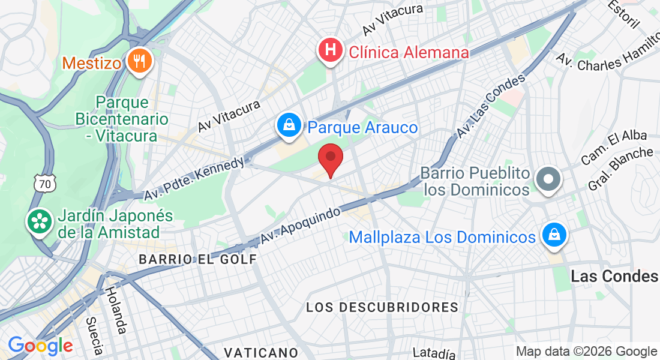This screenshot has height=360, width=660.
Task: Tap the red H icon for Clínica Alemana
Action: click(330, 50)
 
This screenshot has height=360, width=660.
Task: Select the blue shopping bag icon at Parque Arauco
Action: click(289, 125)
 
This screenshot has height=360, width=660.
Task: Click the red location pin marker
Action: click(330, 160)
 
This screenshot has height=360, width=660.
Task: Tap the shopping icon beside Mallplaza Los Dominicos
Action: click(552, 235)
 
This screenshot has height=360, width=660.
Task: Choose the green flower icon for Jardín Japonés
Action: click(40, 221)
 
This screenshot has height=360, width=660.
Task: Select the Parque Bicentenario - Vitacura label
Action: click(121, 119)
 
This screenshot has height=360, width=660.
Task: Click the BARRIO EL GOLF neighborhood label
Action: click(197, 259)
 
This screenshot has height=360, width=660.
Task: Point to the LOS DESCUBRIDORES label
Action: click(382, 307)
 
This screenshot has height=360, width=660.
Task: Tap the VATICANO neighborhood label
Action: click(261, 352)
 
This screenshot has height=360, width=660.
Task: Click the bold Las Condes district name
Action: click(614, 276)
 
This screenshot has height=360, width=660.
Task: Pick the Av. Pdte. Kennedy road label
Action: click(194, 178)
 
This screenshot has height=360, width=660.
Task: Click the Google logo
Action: click(40, 346)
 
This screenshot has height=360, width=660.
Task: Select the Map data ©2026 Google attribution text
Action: click(586, 352)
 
